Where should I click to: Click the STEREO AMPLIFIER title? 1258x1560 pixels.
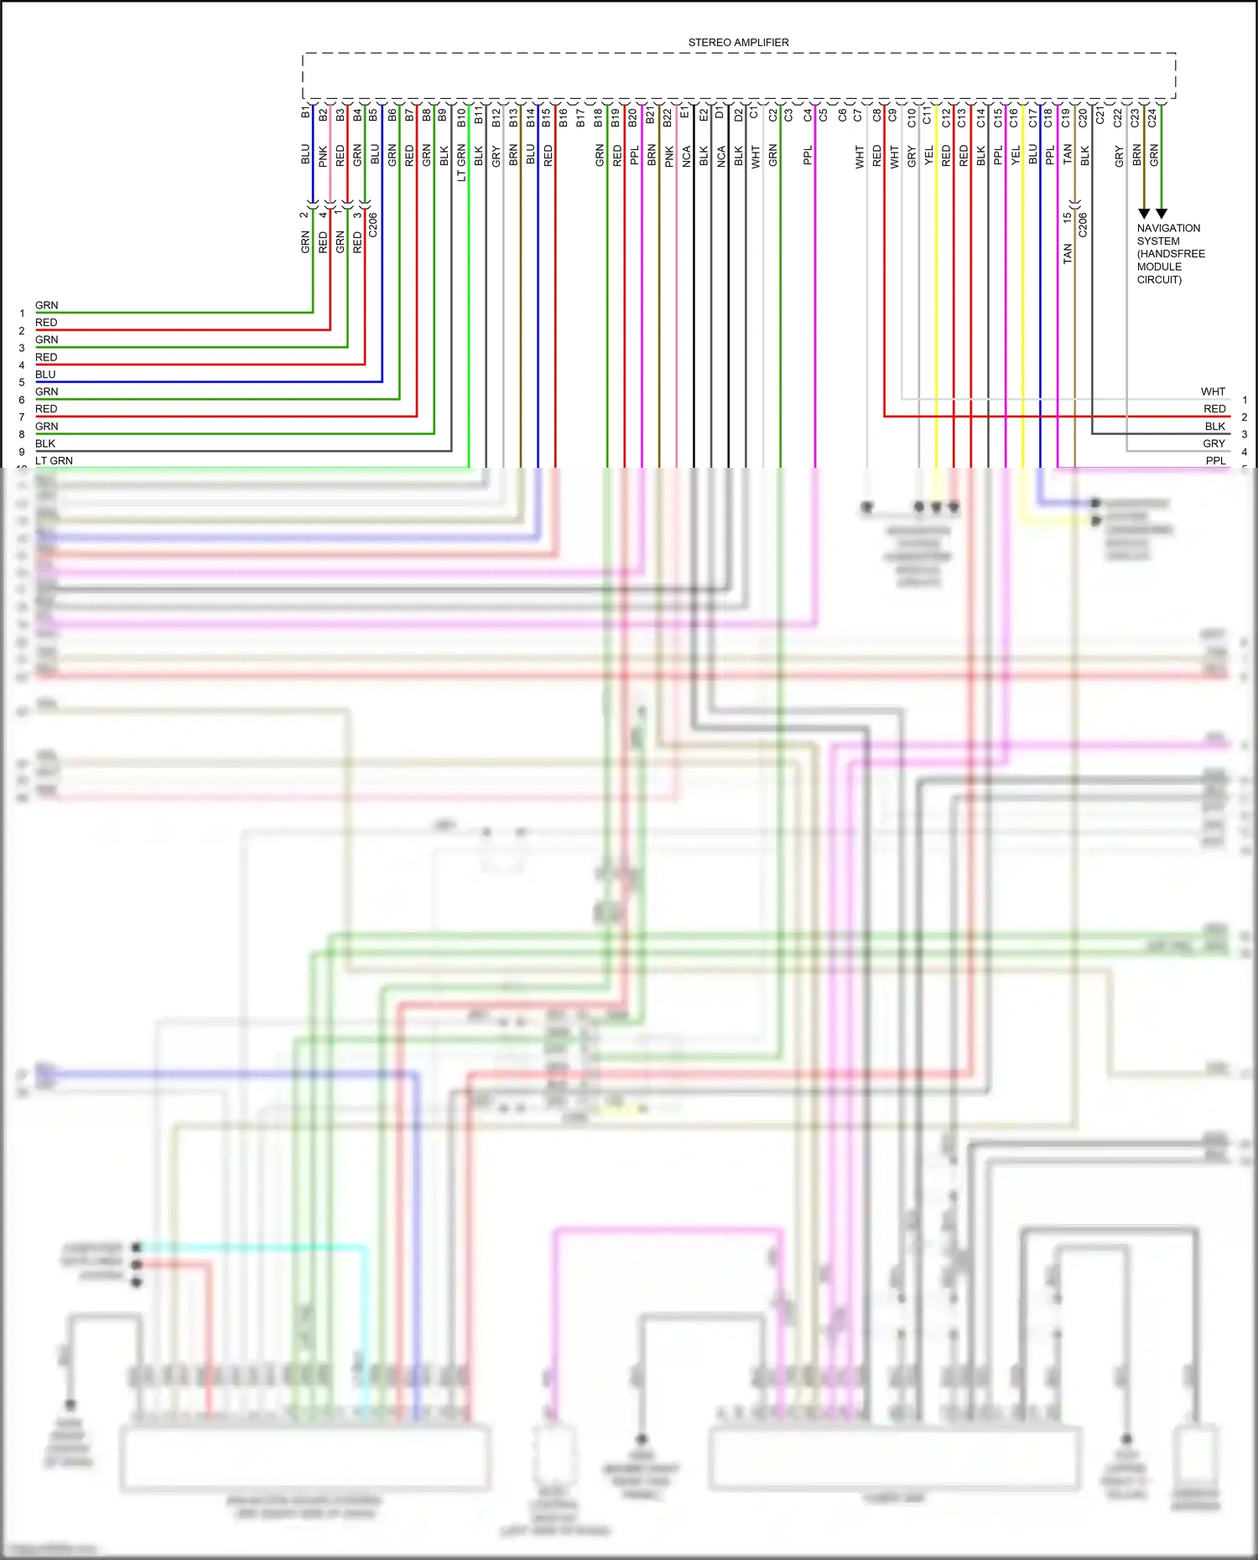coord(738,43)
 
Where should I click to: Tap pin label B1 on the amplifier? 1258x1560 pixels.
coord(306,112)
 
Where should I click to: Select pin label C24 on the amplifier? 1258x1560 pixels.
coord(1152,117)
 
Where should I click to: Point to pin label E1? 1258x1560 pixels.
coord(685,112)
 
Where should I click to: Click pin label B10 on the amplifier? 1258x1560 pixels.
coord(461,117)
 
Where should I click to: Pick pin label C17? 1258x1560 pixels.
coord(1032,117)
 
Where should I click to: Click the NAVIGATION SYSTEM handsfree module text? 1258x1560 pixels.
coord(1170,253)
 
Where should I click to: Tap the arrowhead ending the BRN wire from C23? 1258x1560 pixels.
coord(1144,214)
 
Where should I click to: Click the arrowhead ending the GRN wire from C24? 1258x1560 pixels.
coord(1162,214)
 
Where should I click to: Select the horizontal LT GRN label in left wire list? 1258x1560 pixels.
coord(54,460)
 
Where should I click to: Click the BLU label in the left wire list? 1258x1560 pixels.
coord(45,374)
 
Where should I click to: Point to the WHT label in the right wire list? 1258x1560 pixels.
coord(1213,391)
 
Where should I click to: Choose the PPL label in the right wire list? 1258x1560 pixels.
coord(1215,460)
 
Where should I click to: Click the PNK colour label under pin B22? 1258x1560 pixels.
coord(669,156)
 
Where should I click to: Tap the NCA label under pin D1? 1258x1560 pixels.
coord(721,156)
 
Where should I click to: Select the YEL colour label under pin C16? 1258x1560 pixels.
coord(1016,155)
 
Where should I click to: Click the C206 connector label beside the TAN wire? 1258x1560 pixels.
coord(1084,225)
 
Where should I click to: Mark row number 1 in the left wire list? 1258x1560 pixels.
coord(22,314)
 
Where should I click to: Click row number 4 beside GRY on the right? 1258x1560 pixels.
coord(1245,452)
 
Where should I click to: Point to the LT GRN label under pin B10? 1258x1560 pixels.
coord(461,163)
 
